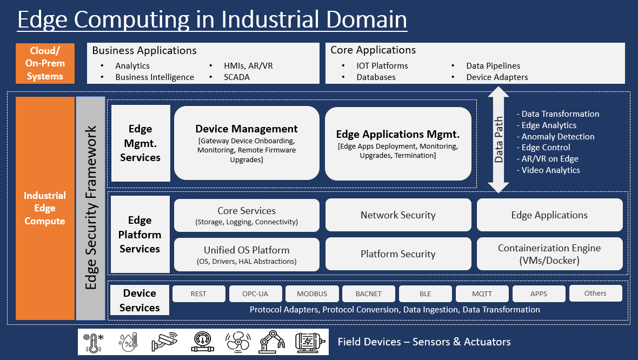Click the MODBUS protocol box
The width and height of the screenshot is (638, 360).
coord(312,294)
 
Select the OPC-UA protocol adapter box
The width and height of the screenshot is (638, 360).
coord(256,294)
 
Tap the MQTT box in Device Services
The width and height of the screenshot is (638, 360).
coord(482,294)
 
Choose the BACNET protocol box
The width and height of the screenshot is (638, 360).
coord(369,294)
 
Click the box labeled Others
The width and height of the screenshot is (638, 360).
coord(595,294)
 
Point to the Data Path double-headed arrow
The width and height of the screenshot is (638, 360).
coord(499,140)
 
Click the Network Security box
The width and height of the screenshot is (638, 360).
coord(398,215)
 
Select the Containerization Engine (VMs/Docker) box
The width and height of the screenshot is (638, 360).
coord(549,254)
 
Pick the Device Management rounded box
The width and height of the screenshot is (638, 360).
coord(247,143)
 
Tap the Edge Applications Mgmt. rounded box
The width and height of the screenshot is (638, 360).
coord(398,143)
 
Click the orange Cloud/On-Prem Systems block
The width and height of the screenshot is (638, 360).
coord(45,63)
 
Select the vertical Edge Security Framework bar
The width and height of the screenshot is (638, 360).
coord(91,208)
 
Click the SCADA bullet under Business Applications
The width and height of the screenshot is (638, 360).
coord(237,77)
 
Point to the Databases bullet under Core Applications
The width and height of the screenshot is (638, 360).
coord(376,77)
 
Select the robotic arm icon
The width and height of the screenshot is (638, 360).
coord(272,342)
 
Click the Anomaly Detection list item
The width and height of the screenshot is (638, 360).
coord(558,137)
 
